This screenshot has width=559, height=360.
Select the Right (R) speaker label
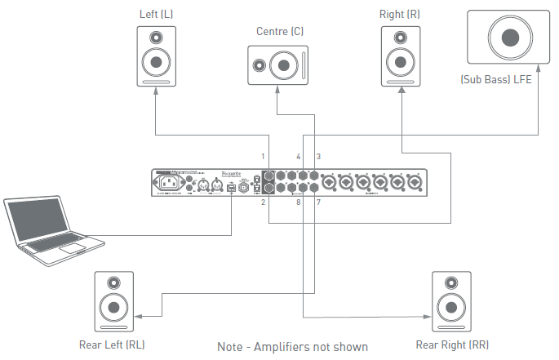click(402, 14)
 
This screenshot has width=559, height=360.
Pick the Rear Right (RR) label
click(452, 344)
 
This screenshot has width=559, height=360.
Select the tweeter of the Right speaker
click(402, 38)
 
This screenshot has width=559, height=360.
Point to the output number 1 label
click(263, 156)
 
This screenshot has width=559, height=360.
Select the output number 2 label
click(263, 202)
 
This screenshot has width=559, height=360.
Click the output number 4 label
click(299, 156)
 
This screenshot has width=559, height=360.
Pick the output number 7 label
click(318, 202)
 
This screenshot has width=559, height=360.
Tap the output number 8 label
click(299, 202)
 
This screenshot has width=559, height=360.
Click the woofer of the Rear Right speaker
click(452, 307)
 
